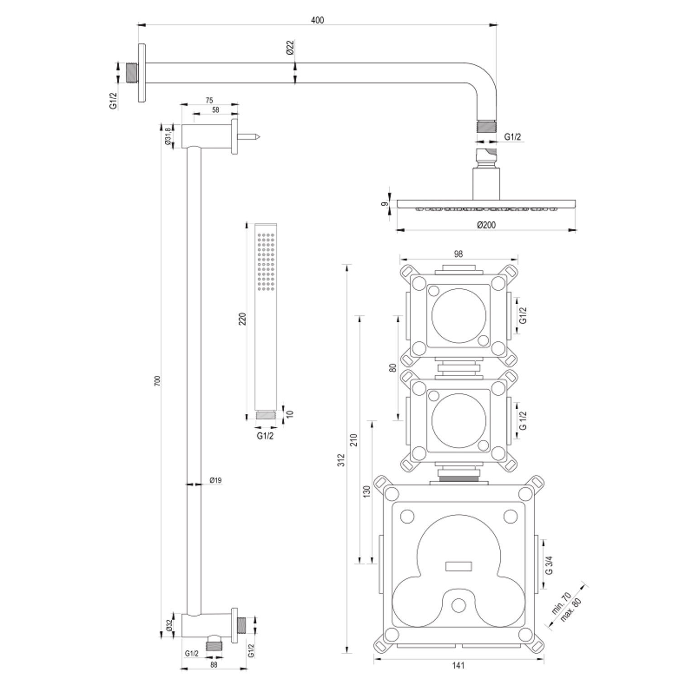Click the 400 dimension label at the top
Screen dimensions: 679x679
(317, 20)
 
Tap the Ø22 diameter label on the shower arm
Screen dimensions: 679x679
(290, 48)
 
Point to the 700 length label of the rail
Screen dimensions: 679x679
(158, 381)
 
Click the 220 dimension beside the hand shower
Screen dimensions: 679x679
(243, 319)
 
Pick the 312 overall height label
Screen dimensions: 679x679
(342, 460)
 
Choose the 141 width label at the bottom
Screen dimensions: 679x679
(458, 665)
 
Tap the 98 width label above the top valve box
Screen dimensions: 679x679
(458, 254)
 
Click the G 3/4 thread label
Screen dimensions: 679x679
(550, 564)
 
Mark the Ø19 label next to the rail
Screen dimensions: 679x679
(215, 480)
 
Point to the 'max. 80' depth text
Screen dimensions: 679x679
(570, 610)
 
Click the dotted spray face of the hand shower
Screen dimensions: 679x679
(266, 262)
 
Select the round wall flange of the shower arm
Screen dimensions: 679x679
(142, 73)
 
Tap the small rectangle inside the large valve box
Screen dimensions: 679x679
(459, 566)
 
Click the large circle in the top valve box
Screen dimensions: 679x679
(459, 316)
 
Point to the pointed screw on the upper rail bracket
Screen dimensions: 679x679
(249, 136)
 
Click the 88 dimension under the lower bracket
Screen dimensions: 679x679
(214, 665)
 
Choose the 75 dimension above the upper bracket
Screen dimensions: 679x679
(209, 100)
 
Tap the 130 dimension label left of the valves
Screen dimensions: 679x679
(367, 492)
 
